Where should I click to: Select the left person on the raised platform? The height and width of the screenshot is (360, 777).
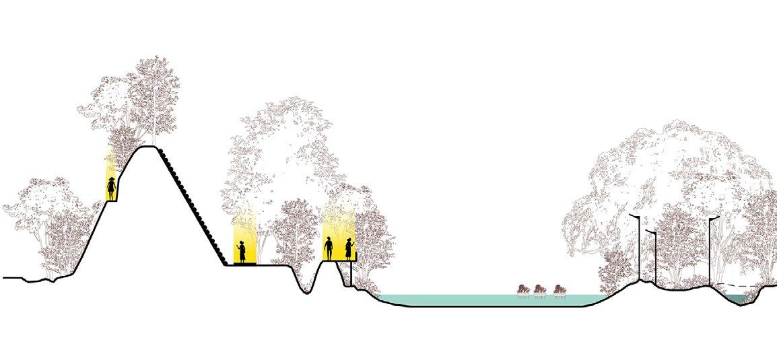click(x=329, y=249)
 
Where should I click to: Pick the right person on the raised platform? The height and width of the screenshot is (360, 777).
click(x=349, y=249)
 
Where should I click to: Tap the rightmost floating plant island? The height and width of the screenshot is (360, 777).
click(x=558, y=290)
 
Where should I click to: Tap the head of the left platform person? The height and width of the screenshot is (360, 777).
click(x=329, y=240)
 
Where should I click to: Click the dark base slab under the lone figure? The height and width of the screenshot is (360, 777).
click(x=242, y=264)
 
